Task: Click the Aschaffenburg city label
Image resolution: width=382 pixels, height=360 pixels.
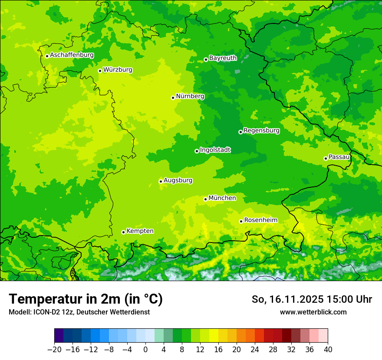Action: tap(72, 55)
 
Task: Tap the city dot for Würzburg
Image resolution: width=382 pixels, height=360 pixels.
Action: tap(100, 71)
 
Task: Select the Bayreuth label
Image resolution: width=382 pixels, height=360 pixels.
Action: tap(223, 58)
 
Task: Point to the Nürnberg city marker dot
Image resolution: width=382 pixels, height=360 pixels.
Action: tap(173, 98)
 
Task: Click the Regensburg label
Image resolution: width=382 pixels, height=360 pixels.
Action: tap(261, 130)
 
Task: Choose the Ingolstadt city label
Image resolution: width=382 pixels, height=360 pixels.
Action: tap(215, 150)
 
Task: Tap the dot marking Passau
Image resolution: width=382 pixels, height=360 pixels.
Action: tap(326, 158)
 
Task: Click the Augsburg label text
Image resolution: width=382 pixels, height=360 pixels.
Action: tap(178, 180)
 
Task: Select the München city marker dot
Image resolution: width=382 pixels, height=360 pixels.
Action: tap(205, 199)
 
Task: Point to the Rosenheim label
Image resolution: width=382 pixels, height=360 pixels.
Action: tap(260, 220)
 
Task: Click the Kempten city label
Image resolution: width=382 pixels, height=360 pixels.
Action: tap(140, 231)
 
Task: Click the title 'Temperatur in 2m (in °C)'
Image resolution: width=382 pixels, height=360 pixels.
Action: tap(86, 299)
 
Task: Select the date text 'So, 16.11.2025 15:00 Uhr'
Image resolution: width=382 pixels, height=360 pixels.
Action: tap(312, 299)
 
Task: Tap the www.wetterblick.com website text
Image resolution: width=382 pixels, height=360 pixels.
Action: tap(313, 312)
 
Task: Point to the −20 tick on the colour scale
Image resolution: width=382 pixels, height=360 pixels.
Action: tap(54, 350)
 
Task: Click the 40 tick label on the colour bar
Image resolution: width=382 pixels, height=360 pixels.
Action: tap(328, 350)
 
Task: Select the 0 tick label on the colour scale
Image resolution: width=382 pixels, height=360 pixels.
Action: tap(145, 350)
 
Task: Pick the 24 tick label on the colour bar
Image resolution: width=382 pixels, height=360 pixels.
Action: tap(255, 350)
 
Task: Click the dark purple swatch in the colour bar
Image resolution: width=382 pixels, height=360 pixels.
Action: tap(59, 336)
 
